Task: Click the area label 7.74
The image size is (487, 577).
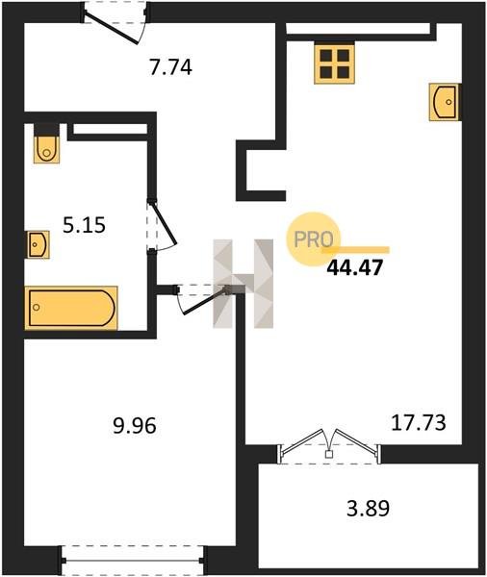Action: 170,67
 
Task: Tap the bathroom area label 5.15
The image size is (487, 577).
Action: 85,225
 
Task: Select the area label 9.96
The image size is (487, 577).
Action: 135,426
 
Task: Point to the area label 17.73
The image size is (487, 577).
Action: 418,423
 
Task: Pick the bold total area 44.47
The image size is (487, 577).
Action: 355,267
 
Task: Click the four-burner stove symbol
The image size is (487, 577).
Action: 334,63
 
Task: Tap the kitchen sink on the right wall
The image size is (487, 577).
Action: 444,102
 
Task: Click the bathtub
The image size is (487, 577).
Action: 71,308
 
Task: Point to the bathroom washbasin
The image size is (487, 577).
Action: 38,244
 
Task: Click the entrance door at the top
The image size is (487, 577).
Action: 115,23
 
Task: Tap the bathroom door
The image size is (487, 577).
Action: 161,225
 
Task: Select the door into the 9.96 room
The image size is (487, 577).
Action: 202,298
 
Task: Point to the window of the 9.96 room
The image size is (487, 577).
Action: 133,560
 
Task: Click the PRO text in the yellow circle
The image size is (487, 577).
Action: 314,239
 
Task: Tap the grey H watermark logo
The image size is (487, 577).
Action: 243,284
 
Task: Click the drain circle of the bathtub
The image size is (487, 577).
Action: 37,307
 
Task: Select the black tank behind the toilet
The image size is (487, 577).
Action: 46,130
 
